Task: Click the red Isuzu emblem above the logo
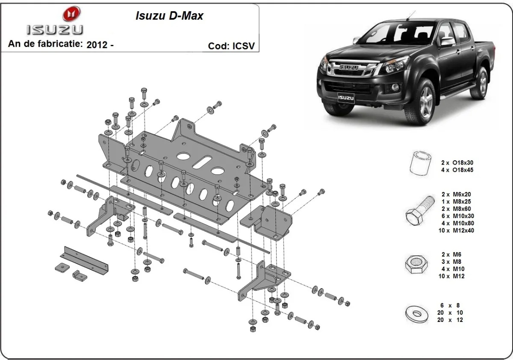[x=71, y=14]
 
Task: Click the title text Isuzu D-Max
[x=169, y=16]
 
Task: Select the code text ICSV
[x=243, y=46]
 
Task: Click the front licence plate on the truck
[x=346, y=98]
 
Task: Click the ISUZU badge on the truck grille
[x=348, y=67]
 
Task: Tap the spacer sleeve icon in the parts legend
[x=420, y=163]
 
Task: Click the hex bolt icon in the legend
[x=419, y=211]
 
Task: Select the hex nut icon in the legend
[x=416, y=265]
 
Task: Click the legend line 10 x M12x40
[x=456, y=230]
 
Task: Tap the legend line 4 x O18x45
[x=457, y=170]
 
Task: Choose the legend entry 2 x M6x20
[x=456, y=195]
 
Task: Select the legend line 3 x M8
[x=451, y=262]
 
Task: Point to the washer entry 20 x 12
[x=450, y=320]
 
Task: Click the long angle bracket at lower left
[x=84, y=260]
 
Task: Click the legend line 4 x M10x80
[x=457, y=223]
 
